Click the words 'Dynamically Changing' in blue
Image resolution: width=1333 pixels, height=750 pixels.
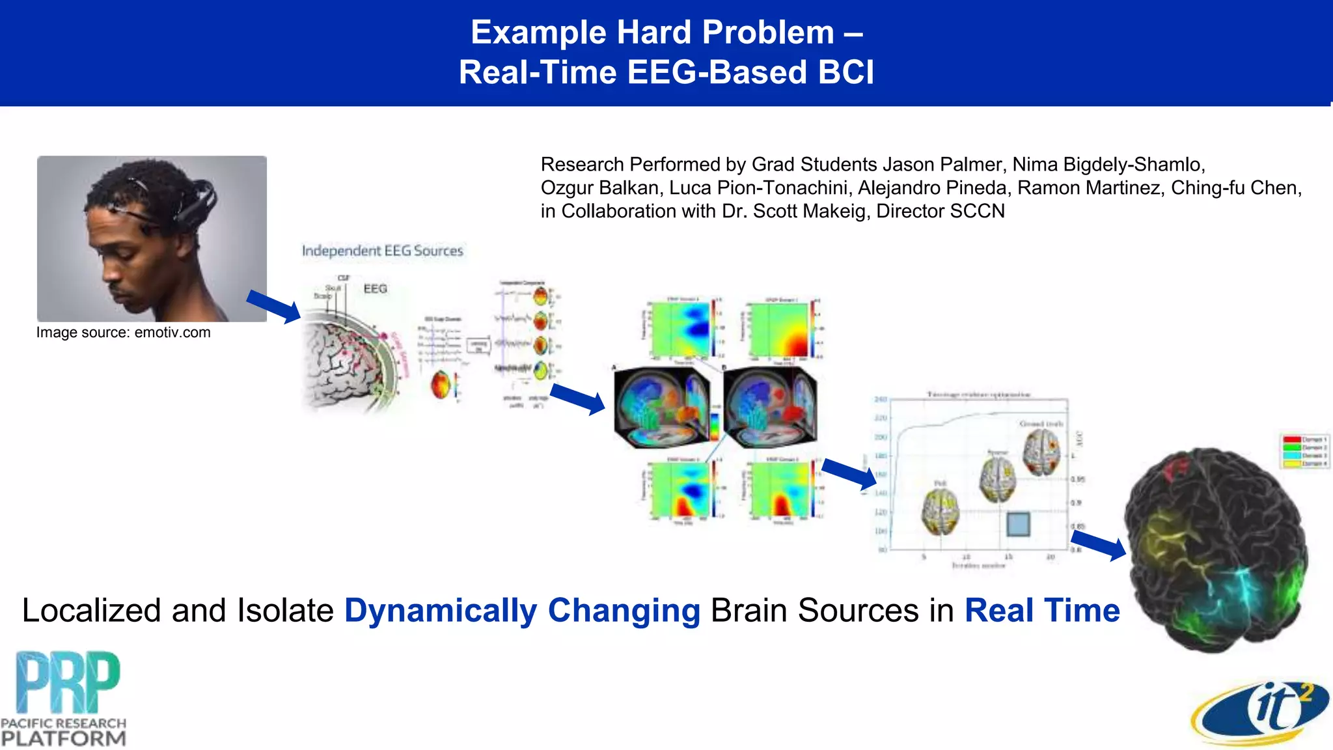522,611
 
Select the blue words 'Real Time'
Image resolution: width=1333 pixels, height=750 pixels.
1041,611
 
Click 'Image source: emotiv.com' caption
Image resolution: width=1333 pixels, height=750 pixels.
123,333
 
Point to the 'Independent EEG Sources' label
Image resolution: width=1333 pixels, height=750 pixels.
382,251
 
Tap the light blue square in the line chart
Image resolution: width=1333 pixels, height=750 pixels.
1018,524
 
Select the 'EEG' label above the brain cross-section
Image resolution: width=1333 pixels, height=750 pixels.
375,288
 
